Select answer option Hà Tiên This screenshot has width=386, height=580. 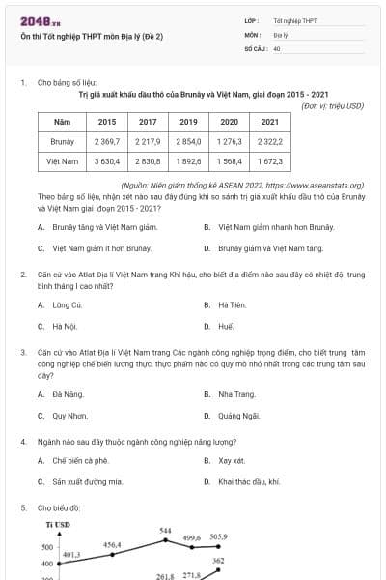pyautogui.click(x=232, y=304)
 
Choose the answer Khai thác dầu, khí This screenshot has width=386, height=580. pyautogui.click(x=249, y=481)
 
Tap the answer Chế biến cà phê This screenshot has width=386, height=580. pyautogui.click(x=80, y=460)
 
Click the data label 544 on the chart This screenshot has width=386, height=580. pyautogui.click(x=165, y=531)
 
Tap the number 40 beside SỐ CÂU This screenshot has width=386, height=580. pyautogui.click(x=277, y=47)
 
